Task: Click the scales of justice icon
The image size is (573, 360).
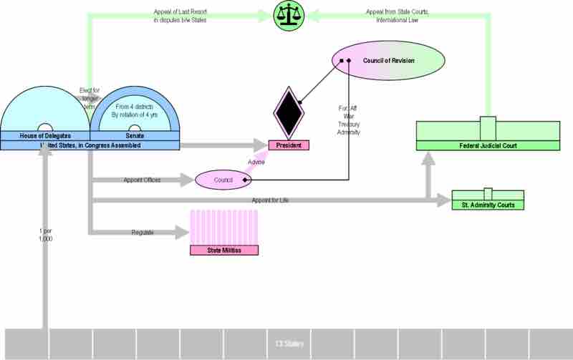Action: coord(289,16)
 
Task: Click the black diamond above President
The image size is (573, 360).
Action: coord(289,113)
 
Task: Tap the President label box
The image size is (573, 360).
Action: coord(289,145)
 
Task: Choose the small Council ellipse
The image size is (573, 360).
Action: coord(223,180)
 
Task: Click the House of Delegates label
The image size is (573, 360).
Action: coord(44,135)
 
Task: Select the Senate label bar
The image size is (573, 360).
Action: coord(134,135)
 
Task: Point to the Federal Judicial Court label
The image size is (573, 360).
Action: coord(488,146)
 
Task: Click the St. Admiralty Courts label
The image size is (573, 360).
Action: coord(488,205)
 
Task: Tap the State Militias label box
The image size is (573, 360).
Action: coord(223,250)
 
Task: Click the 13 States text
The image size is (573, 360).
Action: coord(289,344)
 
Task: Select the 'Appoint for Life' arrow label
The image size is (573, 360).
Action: coord(270,200)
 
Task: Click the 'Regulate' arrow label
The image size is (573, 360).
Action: coord(142,233)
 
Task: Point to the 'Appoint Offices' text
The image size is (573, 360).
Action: coord(142,180)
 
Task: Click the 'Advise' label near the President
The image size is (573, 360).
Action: coord(256,161)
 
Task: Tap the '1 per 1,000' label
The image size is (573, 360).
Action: coord(45,234)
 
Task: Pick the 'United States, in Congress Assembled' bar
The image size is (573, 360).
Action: coord(90,145)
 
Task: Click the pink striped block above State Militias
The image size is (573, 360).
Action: coord(223,227)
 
